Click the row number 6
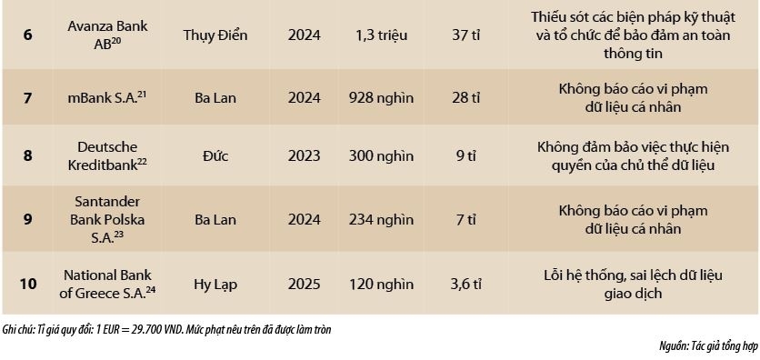click(27, 35)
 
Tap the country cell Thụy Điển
click(215, 35)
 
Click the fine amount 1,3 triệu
click(382, 35)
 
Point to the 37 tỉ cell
click(465, 35)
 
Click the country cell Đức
click(215, 155)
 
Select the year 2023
click(304, 155)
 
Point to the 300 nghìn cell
click(382, 155)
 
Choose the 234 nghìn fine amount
click(382, 219)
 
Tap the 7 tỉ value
click(465, 219)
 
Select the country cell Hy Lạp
click(215, 284)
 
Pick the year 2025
click(304, 284)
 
